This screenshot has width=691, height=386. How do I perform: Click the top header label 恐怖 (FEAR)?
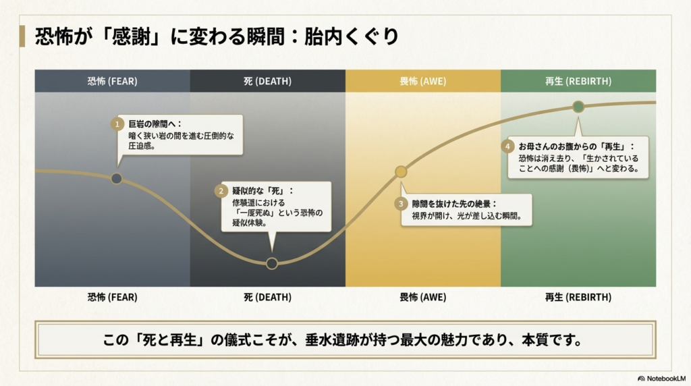point(112,81)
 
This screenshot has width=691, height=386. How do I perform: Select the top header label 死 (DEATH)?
point(267,81)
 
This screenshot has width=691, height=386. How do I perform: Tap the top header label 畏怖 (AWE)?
point(422,81)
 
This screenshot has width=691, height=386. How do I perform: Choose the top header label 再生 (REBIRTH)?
point(578,81)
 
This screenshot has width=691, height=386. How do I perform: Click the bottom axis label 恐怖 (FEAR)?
point(112,297)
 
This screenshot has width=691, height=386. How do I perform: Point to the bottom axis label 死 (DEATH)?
point(267,297)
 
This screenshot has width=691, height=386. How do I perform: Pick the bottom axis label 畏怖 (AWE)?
point(422,297)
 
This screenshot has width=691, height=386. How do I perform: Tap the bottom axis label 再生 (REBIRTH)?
point(578,297)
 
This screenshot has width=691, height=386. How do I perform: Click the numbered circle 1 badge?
point(117,124)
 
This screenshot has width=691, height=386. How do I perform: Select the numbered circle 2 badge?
point(221,191)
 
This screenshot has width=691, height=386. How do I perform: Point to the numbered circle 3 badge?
point(401,204)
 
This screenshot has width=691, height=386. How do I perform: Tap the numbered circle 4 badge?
point(507,146)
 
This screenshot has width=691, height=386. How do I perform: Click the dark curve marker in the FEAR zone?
point(116,178)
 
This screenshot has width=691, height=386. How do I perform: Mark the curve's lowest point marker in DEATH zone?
point(271,263)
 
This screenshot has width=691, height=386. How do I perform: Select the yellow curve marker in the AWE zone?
point(401,171)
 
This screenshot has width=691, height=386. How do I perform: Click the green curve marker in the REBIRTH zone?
point(578,107)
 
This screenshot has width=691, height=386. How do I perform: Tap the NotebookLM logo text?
point(664,379)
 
